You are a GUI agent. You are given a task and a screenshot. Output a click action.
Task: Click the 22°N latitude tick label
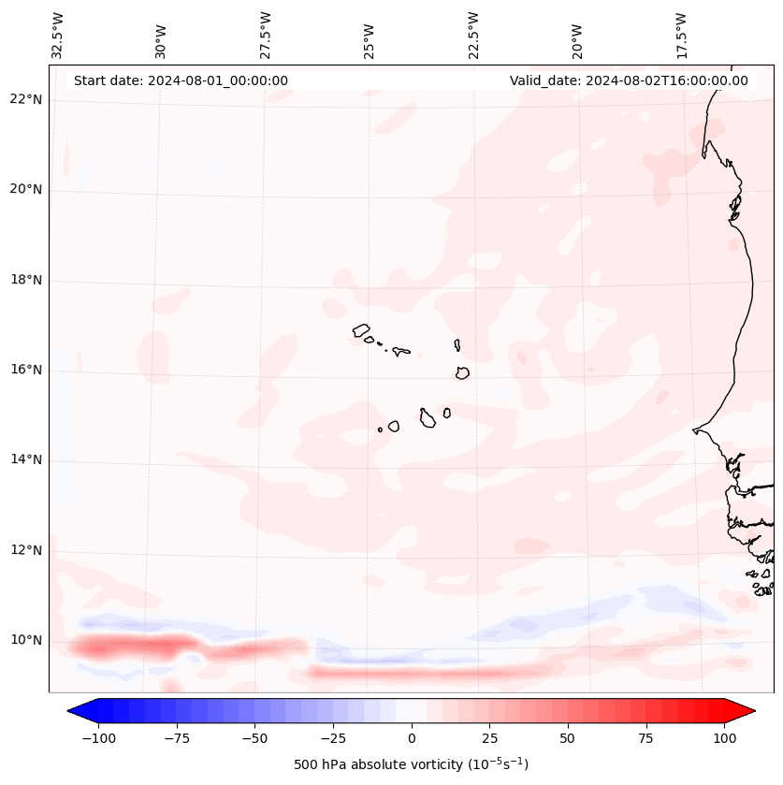(x=26, y=99)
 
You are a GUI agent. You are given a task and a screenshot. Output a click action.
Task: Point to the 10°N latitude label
(x=26, y=640)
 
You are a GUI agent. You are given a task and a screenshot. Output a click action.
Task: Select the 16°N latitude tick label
(x=26, y=370)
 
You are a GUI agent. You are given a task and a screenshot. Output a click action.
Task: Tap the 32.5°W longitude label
(x=58, y=35)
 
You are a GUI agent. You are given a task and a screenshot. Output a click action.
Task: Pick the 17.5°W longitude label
(x=682, y=35)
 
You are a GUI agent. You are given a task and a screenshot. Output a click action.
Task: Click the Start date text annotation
(x=181, y=80)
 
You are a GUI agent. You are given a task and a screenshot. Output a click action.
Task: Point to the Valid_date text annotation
(x=629, y=80)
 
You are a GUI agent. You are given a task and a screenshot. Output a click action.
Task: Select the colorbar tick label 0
(x=412, y=738)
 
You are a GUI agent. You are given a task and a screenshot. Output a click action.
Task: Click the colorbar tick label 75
(x=646, y=738)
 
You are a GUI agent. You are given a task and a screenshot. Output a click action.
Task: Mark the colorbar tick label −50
(x=255, y=738)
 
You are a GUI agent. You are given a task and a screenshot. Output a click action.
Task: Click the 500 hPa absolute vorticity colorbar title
(x=412, y=764)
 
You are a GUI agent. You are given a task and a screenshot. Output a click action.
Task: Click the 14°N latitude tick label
(x=26, y=459)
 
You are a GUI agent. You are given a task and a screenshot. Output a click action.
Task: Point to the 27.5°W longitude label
(x=266, y=35)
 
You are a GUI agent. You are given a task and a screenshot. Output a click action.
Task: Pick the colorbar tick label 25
(x=490, y=738)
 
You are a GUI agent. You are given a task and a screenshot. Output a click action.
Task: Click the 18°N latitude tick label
(x=26, y=280)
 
